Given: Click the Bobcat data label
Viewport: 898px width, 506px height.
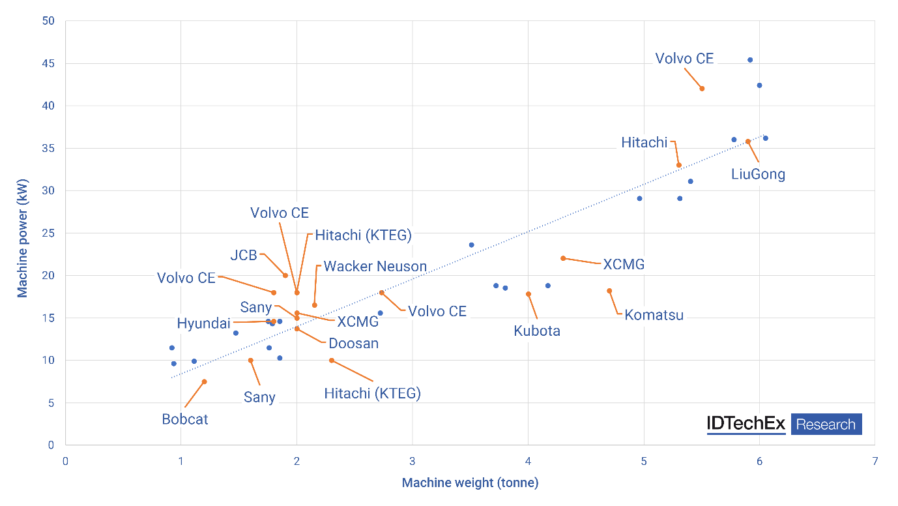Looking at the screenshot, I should pos(185,419).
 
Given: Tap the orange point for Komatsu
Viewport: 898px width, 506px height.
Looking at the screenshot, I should pos(609,291).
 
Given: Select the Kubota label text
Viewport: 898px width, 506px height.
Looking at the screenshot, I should pos(537,331).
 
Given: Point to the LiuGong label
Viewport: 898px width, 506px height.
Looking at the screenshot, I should pos(758,174).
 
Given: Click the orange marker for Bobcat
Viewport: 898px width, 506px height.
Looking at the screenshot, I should pos(204,381).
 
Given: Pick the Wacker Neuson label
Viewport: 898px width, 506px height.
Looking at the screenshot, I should pos(375,266).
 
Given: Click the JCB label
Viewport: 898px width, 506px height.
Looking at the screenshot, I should pos(244,255).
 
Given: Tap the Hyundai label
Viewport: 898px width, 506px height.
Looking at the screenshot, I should pos(203,323).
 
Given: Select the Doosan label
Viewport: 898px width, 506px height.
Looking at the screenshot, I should pos(353,343).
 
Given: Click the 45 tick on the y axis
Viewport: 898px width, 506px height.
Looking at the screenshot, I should pos(50,64).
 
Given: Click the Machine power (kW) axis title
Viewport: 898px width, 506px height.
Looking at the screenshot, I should pos(23,233).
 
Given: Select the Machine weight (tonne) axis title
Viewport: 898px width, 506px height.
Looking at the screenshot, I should pos(470,483).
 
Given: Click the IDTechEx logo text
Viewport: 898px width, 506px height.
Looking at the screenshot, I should pos(746,424).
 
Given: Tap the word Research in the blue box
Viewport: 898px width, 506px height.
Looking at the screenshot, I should pos(826,424).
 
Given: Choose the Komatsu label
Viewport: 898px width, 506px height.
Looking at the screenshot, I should pos(654,315).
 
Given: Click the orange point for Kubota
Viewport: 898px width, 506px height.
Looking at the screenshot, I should pos(529,294).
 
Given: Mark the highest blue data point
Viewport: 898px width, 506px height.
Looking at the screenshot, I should pos(750,60).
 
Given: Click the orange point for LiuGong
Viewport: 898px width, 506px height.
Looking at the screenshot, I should pos(748,141).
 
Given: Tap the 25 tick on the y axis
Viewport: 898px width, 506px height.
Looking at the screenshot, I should pos(50,233).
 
